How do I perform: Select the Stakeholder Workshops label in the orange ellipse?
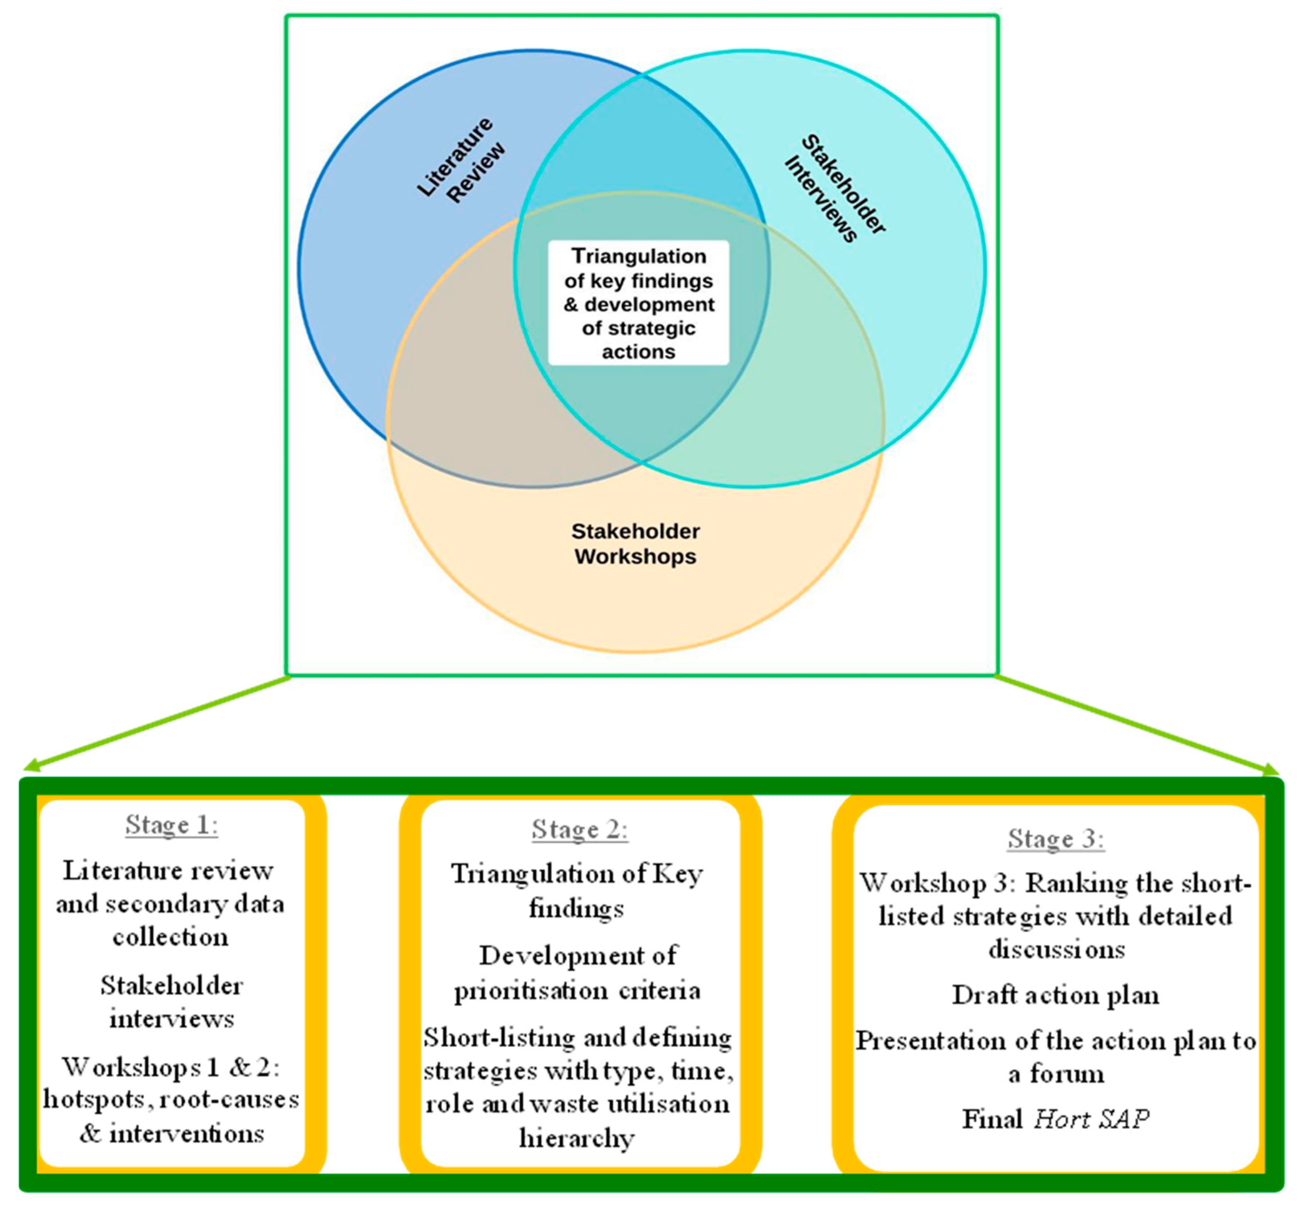pos(635,544)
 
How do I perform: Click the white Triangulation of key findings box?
pos(639,303)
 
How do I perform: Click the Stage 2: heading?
pos(580,830)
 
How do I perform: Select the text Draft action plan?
pos(1056,996)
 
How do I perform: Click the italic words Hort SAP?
pos(1092,1119)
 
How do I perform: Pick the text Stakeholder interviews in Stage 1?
pos(171,1003)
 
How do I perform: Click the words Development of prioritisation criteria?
pos(578,973)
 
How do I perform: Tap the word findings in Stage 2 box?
pos(576,909)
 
